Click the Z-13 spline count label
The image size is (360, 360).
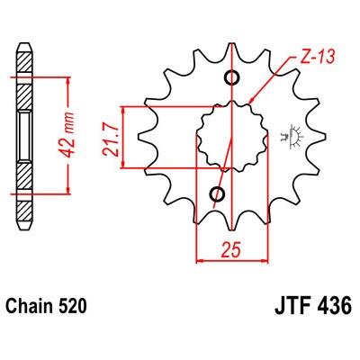[x=318, y=57]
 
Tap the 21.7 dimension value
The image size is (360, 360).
[x=110, y=138]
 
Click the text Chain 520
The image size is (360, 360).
[x=47, y=306]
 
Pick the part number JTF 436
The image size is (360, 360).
[x=313, y=306]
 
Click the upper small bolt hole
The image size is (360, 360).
[x=232, y=77]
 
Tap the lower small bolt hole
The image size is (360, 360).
[x=217, y=194]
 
